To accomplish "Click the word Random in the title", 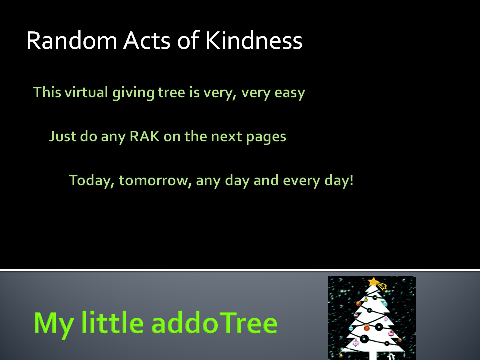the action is click(x=72, y=40).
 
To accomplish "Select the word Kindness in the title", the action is click(x=254, y=40).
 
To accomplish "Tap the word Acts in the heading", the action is click(x=147, y=40).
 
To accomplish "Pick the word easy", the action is click(x=290, y=93).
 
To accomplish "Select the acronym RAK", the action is click(x=145, y=136).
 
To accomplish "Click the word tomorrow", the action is click(x=155, y=181).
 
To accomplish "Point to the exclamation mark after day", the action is click(x=351, y=180).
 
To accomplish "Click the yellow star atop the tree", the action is click(x=374, y=282).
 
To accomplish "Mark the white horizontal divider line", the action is click(x=240, y=270).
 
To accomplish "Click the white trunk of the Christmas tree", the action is click(x=373, y=355).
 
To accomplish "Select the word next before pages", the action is click(x=226, y=137).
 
